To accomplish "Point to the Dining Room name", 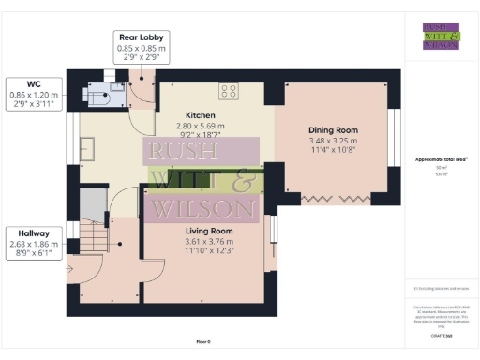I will tap(333, 130).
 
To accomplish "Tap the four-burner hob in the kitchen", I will tap(229, 91).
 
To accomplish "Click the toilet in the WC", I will tap(97, 91).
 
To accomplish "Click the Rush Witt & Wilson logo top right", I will tap(441, 35).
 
